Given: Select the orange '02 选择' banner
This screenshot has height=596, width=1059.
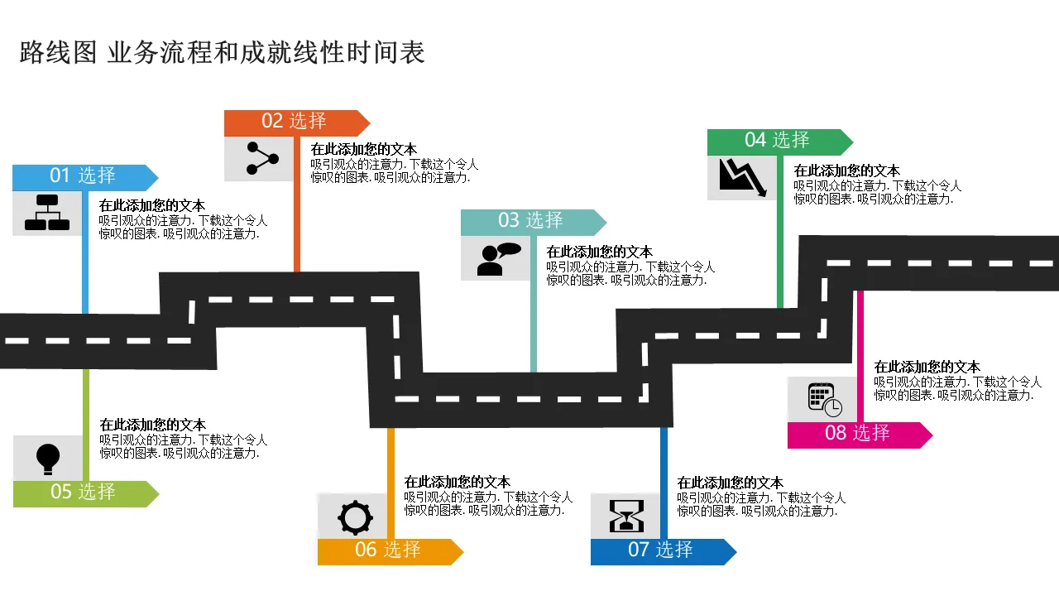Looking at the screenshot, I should (x=295, y=123).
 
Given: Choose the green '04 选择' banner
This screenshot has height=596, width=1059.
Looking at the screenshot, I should (x=778, y=142).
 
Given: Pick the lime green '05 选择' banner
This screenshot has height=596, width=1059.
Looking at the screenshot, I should (x=83, y=493).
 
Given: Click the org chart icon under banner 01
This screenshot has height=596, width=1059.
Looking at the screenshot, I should (x=47, y=213).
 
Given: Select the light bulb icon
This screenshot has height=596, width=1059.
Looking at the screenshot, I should (x=48, y=458).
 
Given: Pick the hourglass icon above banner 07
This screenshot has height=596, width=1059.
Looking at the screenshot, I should (x=625, y=516).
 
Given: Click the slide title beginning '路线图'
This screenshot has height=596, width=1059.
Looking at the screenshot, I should (x=222, y=53).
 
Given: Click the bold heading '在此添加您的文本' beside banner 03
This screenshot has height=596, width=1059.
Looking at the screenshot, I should (x=599, y=252).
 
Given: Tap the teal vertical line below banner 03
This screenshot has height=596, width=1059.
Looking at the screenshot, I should (x=534, y=323).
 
